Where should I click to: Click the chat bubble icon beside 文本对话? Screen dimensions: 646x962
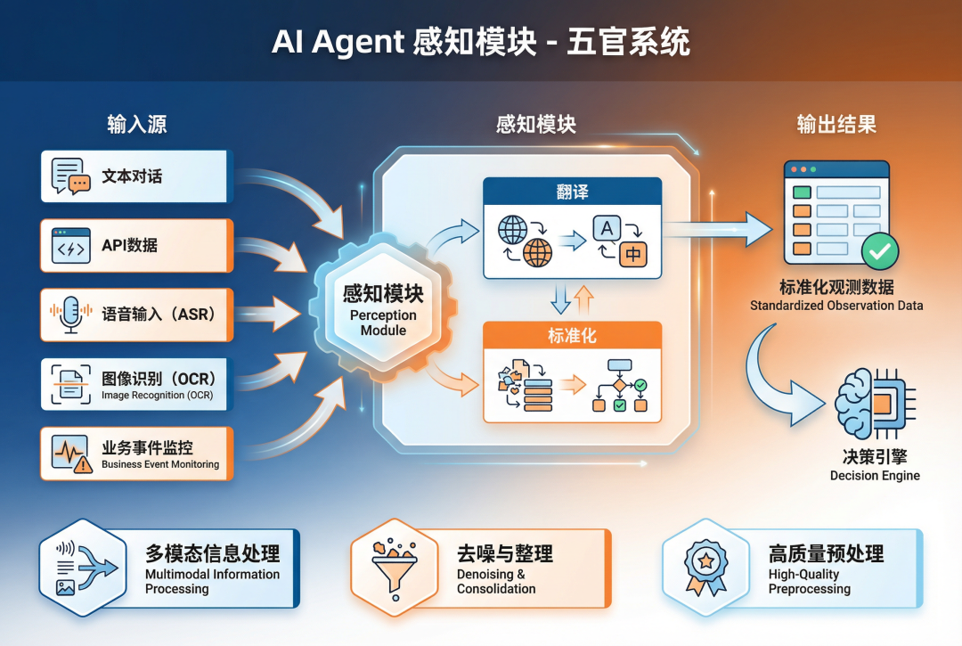(71, 176)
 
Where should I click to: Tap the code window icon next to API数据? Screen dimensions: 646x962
(71, 245)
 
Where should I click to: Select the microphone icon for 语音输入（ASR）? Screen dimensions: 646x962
(71, 315)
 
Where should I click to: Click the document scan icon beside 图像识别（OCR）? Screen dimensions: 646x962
(71, 384)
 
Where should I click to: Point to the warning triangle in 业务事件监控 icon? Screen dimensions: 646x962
(84, 463)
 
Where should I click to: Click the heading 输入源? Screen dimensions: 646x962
(136, 124)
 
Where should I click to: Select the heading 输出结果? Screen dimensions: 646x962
(836, 124)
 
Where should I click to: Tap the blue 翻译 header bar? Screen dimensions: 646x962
(572, 192)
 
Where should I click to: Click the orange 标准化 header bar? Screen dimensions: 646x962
(572, 336)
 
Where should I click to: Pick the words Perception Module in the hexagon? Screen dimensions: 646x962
(383, 323)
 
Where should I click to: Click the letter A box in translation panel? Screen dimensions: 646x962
(607, 229)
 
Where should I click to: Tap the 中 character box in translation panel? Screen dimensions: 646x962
(632, 253)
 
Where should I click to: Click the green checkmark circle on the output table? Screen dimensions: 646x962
(879, 252)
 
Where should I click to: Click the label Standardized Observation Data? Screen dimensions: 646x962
(836, 306)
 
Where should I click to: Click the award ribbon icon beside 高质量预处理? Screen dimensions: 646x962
(705, 566)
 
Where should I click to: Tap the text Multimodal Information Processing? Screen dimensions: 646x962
(212, 581)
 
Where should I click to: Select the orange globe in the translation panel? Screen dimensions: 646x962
(538, 253)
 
